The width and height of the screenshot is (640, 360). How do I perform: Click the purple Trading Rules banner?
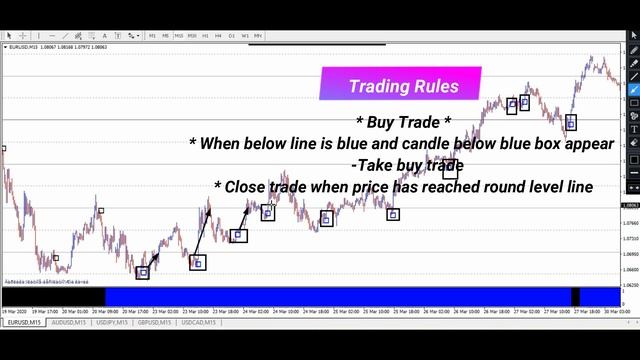coord(400,85)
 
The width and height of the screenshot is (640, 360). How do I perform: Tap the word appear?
coord(588,144)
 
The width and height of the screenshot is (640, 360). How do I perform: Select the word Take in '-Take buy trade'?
coord(377,165)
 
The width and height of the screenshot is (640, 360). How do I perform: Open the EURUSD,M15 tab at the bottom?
coord(24,323)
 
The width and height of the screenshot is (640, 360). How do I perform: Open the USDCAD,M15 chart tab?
coord(202,323)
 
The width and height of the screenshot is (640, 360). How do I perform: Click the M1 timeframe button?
coord(152,36)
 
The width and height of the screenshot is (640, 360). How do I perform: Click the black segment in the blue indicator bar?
coord(575,296)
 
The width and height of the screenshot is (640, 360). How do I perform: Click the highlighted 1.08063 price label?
coord(630,206)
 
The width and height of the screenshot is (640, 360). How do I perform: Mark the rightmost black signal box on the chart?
coord(571,123)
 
